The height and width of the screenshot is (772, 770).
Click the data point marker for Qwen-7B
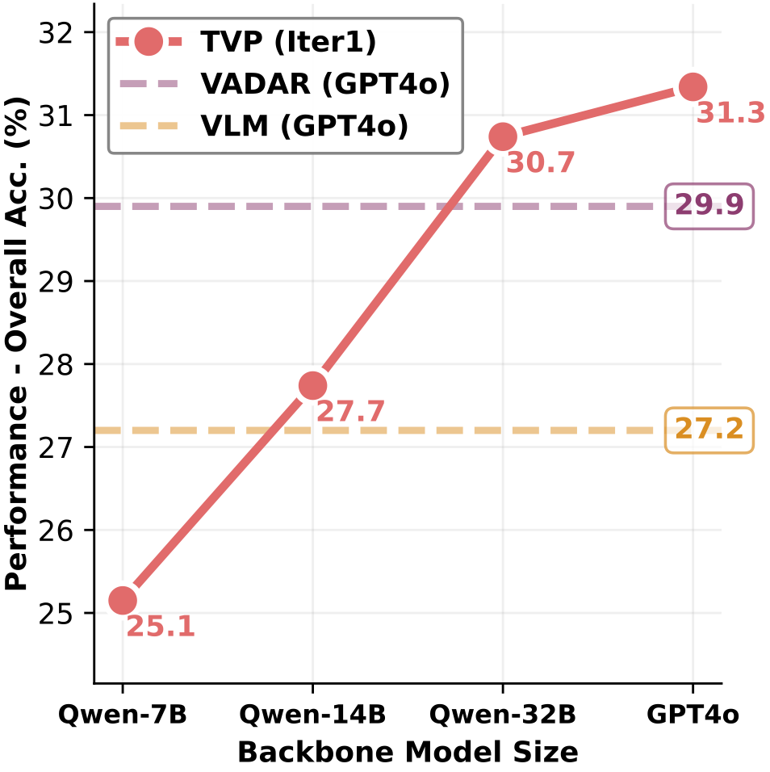[123, 600]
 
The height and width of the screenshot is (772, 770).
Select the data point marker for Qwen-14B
[312, 386]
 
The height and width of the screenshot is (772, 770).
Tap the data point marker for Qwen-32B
[502, 137]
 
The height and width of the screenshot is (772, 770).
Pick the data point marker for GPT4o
[693, 86]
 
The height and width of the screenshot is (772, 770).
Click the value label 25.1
[161, 627]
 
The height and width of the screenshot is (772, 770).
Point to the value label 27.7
[350, 412]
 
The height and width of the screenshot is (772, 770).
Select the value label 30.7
[540, 163]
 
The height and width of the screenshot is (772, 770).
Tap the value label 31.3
[730, 114]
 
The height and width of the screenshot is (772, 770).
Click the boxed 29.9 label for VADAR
[709, 206]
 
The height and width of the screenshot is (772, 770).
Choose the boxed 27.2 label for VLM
[709, 430]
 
